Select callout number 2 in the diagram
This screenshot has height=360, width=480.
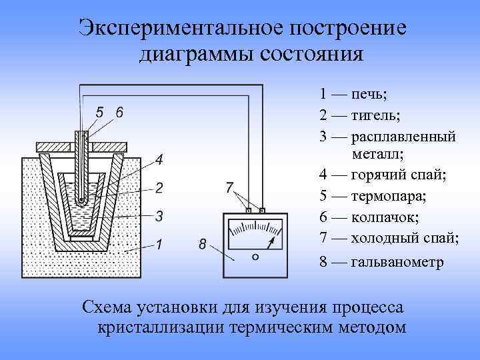coord(159,187)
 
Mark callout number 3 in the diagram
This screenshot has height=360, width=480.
coord(159,215)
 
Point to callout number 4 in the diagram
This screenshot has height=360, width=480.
coord(159,160)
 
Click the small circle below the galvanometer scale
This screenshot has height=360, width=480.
coord(255,257)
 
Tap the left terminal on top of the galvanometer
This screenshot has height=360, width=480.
coord(248,211)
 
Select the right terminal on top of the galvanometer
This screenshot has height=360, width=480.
coord(262,211)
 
